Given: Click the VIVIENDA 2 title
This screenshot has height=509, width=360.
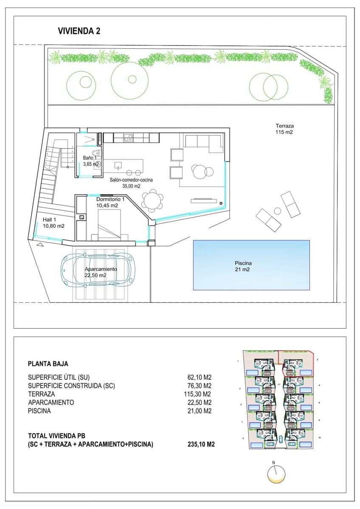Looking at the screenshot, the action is coord(79,31).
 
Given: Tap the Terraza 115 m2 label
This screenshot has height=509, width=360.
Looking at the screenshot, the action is coord(284,129).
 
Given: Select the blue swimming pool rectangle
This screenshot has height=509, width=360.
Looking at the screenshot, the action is coord(251,265).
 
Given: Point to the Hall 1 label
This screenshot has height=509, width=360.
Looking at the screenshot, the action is coord(53,223).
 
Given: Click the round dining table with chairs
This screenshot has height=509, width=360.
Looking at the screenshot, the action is coord(152,200).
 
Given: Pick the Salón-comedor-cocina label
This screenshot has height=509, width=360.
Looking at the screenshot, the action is coord(131,182).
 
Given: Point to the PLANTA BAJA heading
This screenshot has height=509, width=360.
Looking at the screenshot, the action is coord(48,364).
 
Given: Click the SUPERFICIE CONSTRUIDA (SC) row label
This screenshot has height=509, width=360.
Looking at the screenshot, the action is coord(71,386).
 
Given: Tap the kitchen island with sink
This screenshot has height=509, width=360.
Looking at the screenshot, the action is coord(123,165).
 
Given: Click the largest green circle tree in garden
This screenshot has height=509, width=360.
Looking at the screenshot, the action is coord(129,79).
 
